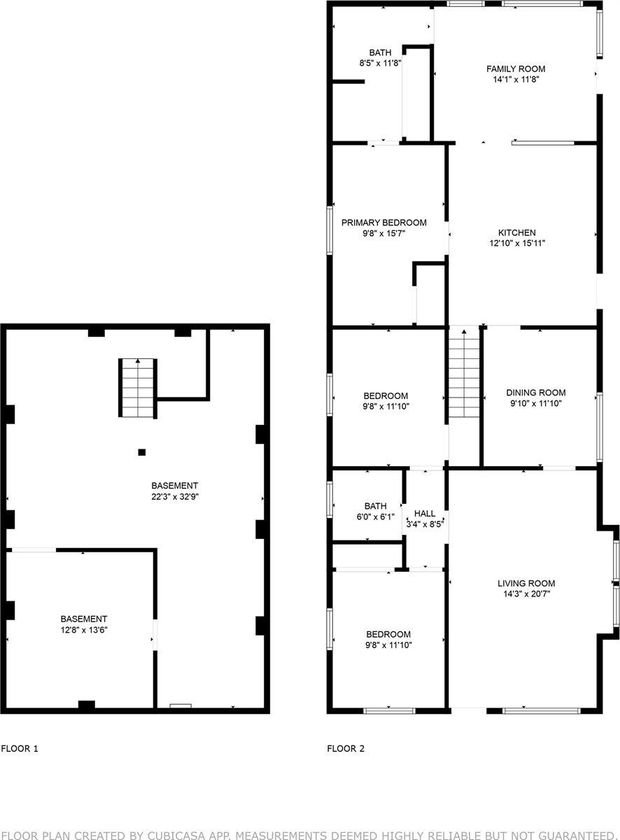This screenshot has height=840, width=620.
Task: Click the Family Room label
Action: pyautogui.click(x=516, y=69)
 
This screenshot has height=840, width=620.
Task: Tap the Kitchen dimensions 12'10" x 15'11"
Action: pyautogui.click(x=517, y=244)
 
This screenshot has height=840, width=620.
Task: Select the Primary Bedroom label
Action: pyautogui.click(x=384, y=223)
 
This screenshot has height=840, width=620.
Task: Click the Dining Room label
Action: pyautogui.click(x=536, y=393)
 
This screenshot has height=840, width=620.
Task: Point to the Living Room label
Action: pyautogui.click(x=526, y=583)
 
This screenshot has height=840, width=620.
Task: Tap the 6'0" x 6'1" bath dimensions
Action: pyautogui.click(x=375, y=517)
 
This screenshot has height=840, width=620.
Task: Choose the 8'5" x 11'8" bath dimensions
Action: pyautogui.click(x=380, y=63)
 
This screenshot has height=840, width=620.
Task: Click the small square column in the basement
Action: pyautogui.click(x=142, y=452)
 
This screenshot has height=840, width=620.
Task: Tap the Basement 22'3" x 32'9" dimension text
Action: pyautogui.click(x=175, y=496)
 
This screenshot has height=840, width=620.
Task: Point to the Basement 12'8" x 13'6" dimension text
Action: pyautogui.click(x=84, y=630)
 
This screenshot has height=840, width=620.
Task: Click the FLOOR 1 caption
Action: pyautogui.click(x=20, y=748)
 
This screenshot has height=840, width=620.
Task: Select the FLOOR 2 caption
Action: pyautogui.click(x=346, y=748)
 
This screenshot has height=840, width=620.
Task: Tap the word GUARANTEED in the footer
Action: pyautogui.click(x=572, y=835)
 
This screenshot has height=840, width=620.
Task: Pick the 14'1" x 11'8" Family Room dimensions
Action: pyautogui.click(x=516, y=79)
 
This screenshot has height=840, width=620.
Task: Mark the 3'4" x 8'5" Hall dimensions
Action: pyautogui.click(x=425, y=523)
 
